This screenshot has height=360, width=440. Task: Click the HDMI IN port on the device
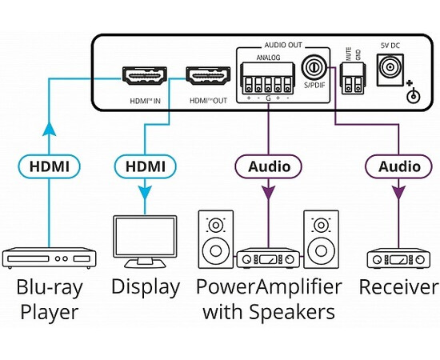click(x=143, y=78)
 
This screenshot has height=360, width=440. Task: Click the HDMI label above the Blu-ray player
click(x=50, y=167)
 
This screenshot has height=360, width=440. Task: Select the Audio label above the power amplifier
click(x=268, y=167)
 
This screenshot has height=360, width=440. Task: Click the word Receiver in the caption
click(x=398, y=287)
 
